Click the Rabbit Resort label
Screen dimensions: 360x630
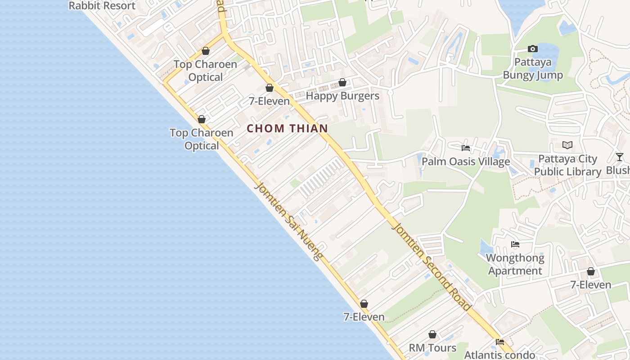click(102, 5)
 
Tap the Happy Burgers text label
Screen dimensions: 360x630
click(342, 96)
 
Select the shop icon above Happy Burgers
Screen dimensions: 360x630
click(342, 82)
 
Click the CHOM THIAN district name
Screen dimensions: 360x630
click(287, 128)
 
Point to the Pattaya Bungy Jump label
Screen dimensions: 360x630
click(533, 68)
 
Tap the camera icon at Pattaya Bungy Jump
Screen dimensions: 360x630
click(533, 49)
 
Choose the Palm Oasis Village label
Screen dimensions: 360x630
click(466, 162)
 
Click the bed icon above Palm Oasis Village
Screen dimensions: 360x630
click(466, 148)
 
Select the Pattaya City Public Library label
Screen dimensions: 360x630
click(567, 165)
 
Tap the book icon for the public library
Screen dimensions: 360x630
click(567, 145)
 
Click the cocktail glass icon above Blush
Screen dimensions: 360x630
click(620, 157)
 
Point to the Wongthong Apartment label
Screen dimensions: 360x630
click(515, 265)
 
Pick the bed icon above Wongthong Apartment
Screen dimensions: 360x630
click(515, 244)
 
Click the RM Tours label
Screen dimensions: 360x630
click(432, 348)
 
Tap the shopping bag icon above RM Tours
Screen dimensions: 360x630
click(432, 334)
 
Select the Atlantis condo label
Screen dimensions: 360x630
click(499, 355)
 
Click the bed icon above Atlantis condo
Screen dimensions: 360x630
click(499, 342)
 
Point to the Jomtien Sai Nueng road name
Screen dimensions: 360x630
click(288, 221)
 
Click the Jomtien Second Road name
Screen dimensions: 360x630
click(431, 266)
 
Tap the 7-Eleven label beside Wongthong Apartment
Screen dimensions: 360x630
click(591, 285)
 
